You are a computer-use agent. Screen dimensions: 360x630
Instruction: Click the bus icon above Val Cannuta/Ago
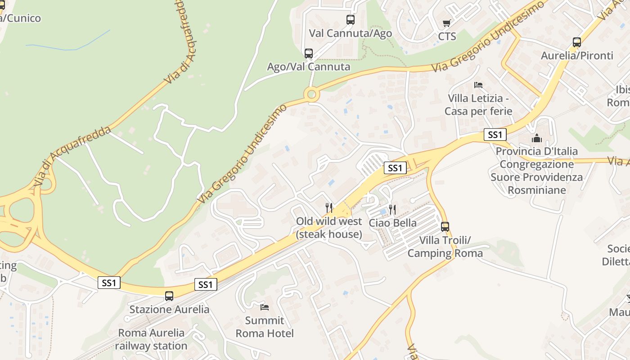(351, 20)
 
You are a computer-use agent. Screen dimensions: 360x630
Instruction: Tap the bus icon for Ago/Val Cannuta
(309, 54)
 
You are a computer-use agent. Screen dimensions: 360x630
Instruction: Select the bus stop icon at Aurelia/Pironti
(577, 42)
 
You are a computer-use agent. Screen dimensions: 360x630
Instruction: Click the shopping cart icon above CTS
(446, 23)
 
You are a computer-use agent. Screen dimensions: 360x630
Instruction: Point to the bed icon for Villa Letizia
(478, 85)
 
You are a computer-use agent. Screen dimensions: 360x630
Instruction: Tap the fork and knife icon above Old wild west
(329, 207)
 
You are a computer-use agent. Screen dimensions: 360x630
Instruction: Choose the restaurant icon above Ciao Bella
(392, 209)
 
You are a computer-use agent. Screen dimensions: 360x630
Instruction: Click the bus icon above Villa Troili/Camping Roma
(445, 227)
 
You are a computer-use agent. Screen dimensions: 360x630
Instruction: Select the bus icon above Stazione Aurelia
(169, 296)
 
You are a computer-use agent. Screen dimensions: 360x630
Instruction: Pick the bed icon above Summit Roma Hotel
(265, 307)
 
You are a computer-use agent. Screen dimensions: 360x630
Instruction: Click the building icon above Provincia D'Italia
(536, 138)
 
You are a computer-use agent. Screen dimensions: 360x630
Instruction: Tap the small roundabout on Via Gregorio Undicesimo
(311, 94)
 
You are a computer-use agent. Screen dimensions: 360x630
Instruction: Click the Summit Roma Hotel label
(265, 327)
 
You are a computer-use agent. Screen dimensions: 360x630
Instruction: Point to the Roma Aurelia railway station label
(151, 339)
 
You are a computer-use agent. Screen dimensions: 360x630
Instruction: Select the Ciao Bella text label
(393, 223)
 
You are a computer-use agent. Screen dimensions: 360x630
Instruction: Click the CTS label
(447, 36)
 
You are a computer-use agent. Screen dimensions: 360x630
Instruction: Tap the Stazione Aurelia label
(169, 310)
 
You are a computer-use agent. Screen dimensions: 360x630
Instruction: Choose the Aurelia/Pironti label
(577, 56)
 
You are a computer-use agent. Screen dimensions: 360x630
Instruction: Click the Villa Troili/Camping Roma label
(445, 247)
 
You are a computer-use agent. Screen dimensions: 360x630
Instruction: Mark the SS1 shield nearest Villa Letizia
(495, 134)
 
